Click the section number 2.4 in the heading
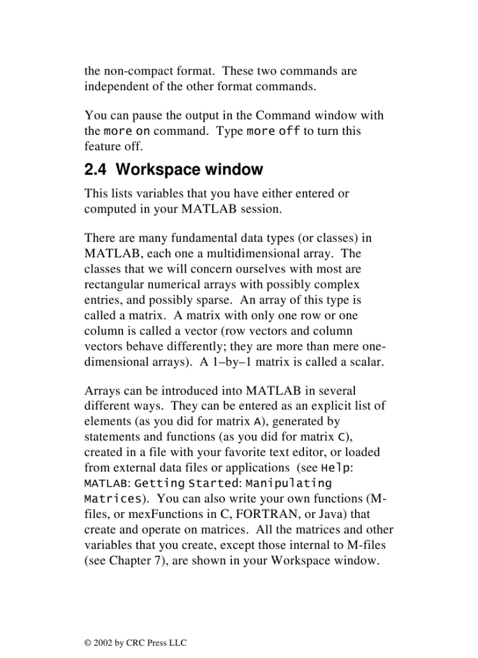[95, 170]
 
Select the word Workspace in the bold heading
[150, 170]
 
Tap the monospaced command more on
[127, 131]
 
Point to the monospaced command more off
[274, 131]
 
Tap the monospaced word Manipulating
[289, 483]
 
